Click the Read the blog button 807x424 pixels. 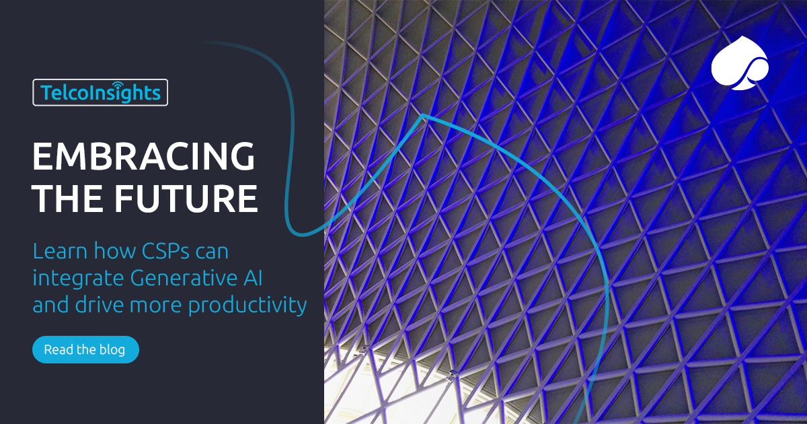click(85, 350)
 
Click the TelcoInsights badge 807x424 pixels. click(100, 92)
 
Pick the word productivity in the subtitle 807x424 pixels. click(247, 305)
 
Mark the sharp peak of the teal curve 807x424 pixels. click(422, 116)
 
